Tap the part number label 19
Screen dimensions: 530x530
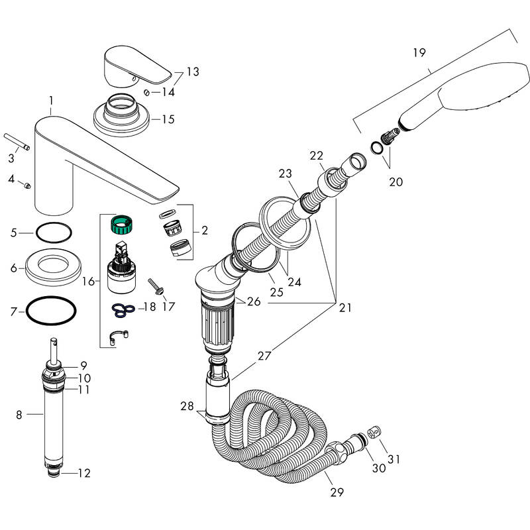(x=418, y=52)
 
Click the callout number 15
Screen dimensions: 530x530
(x=168, y=119)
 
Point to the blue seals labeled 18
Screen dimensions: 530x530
(x=123, y=307)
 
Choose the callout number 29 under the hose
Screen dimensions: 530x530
(x=337, y=492)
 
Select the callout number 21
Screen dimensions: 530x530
(x=344, y=307)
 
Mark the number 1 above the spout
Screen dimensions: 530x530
(x=50, y=101)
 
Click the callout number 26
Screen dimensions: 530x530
(x=253, y=301)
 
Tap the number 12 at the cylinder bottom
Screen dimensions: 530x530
(x=83, y=473)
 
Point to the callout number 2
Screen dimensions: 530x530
(x=205, y=231)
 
